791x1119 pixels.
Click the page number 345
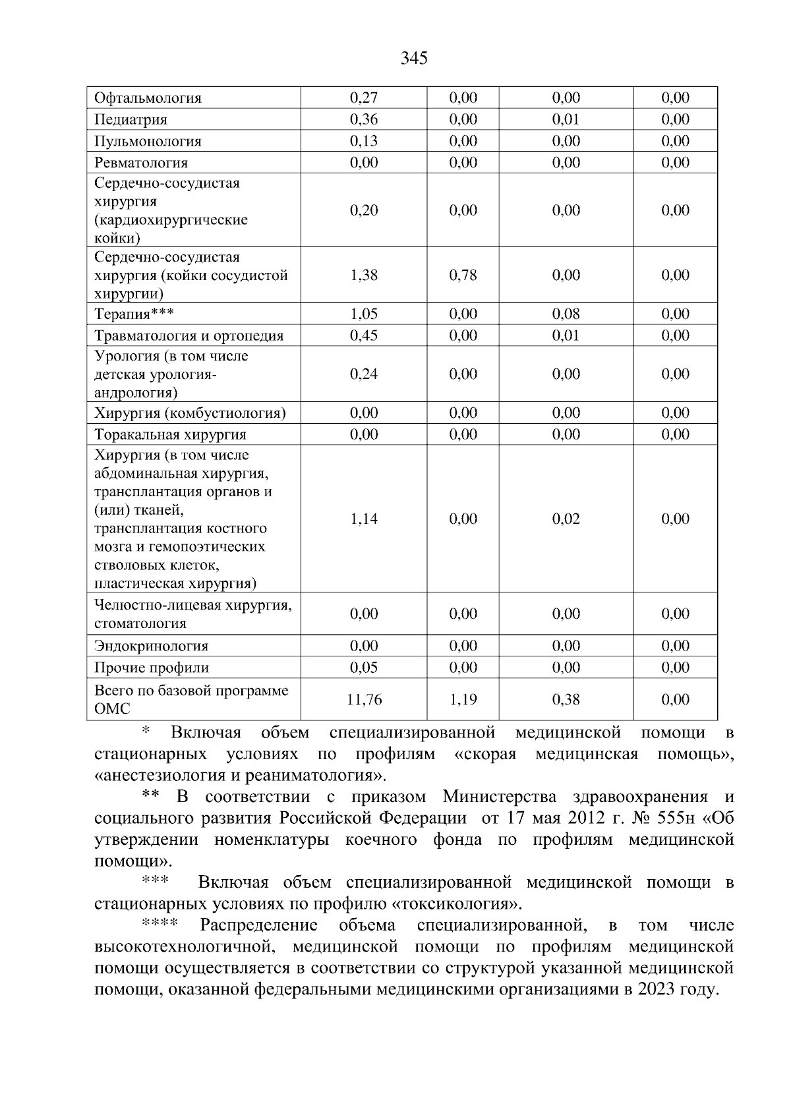point(414,59)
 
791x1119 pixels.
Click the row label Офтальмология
point(148,98)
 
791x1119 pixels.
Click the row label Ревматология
point(141,163)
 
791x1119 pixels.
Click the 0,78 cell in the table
point(463,275)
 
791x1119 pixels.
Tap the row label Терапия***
point(134,314)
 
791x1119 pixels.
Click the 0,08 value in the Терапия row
point(566,314)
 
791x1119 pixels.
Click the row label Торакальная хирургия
point(170,434)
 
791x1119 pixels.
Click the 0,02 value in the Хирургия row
point(566,519)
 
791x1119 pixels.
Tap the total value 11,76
point(364,700)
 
